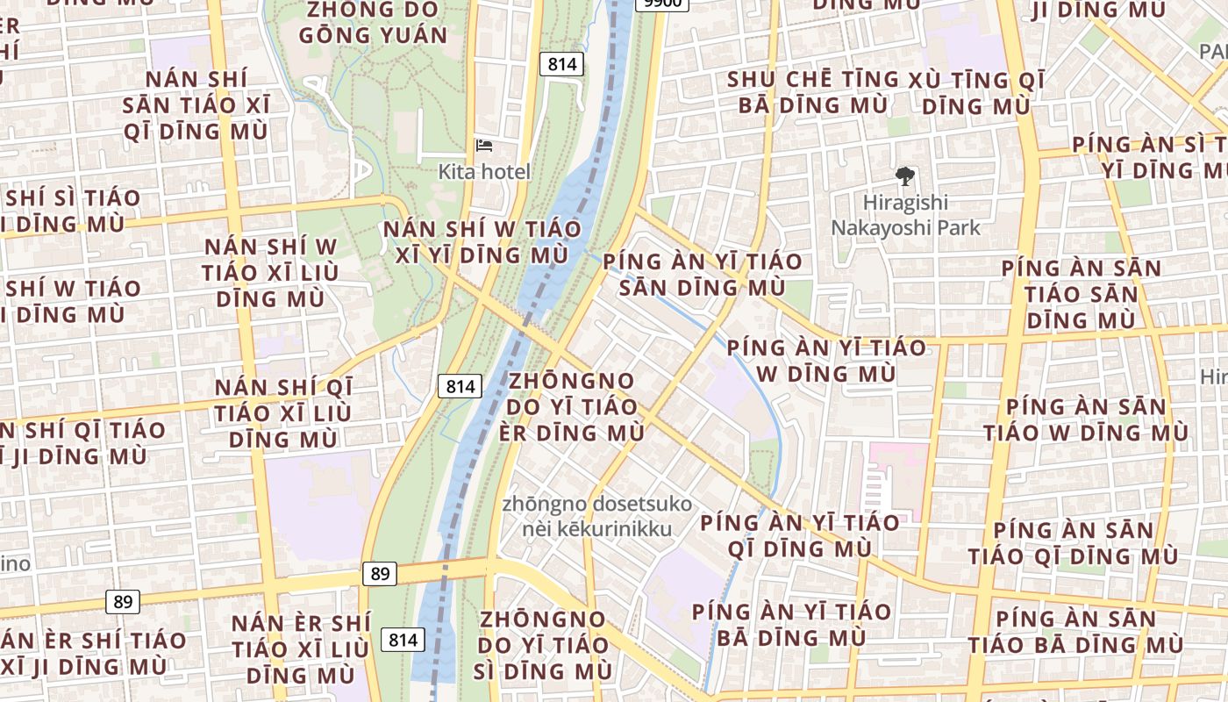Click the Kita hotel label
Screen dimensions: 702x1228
coord(484,172)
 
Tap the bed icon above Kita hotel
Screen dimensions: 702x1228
coord(484,146)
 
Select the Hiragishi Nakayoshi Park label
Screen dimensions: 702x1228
coord(905,215)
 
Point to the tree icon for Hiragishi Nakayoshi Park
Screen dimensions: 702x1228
coord(904,177)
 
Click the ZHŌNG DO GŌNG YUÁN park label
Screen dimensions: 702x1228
coord(373,23)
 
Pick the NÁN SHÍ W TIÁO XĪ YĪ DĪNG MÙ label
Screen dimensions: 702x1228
coord(482,242)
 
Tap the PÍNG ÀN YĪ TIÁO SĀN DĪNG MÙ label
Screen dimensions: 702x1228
coord(702,274)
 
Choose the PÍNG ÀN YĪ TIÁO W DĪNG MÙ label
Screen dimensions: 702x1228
coord(825,361)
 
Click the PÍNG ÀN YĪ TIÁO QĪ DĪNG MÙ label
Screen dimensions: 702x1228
coord(798,535)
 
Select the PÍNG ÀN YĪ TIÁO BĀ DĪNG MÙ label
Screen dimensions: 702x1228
coord(791,624)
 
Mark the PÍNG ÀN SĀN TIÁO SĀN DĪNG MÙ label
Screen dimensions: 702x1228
coord(1081,294)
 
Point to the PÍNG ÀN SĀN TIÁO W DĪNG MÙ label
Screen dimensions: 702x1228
coord(1086,419)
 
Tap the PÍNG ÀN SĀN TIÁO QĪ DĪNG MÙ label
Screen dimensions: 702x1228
coord(1074,543)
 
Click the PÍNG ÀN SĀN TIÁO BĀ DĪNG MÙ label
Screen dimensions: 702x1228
coord(1075,632)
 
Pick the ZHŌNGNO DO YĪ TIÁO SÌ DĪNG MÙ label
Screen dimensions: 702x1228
coord(543,645)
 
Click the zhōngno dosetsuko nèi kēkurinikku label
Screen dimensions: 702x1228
coord(596,517)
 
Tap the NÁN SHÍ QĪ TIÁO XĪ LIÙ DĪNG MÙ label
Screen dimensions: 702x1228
coord(283,413)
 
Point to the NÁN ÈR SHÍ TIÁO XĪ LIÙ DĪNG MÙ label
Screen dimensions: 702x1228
coord(300,649)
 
